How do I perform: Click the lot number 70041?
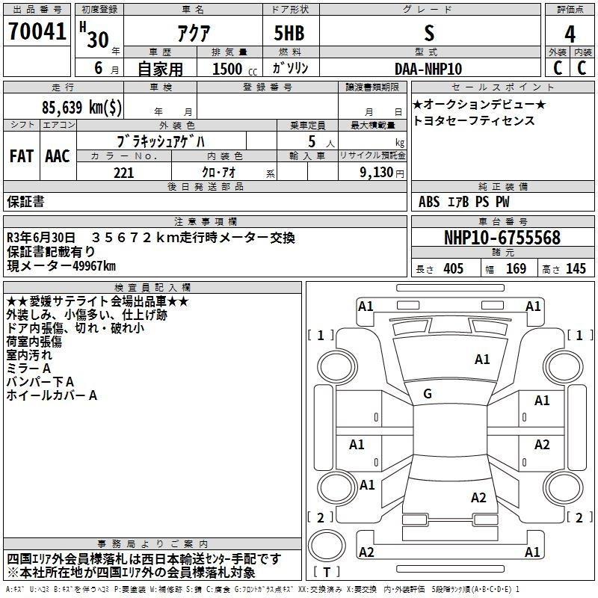(37, 31)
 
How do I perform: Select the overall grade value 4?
(570, 34)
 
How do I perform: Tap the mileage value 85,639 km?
(81, 107)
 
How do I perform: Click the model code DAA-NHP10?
(428, 69)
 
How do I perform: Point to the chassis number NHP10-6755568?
(502, 237)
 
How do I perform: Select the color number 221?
(124, 173)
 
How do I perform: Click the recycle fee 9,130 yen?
(382, 173)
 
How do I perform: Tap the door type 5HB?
(289, 33)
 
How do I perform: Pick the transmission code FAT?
(22, 156)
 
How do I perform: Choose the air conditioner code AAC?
(58, 156)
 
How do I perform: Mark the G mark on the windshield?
(428, 394)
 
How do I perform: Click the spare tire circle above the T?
(327, 546)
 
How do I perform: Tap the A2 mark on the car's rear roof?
(478, 497)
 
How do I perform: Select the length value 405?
(454, 268)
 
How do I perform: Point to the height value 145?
(576, 268)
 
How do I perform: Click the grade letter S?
(429, 33)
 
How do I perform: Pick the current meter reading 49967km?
(94, 266)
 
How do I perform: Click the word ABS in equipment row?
(429, 202)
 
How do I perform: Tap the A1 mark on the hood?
(482, 360)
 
